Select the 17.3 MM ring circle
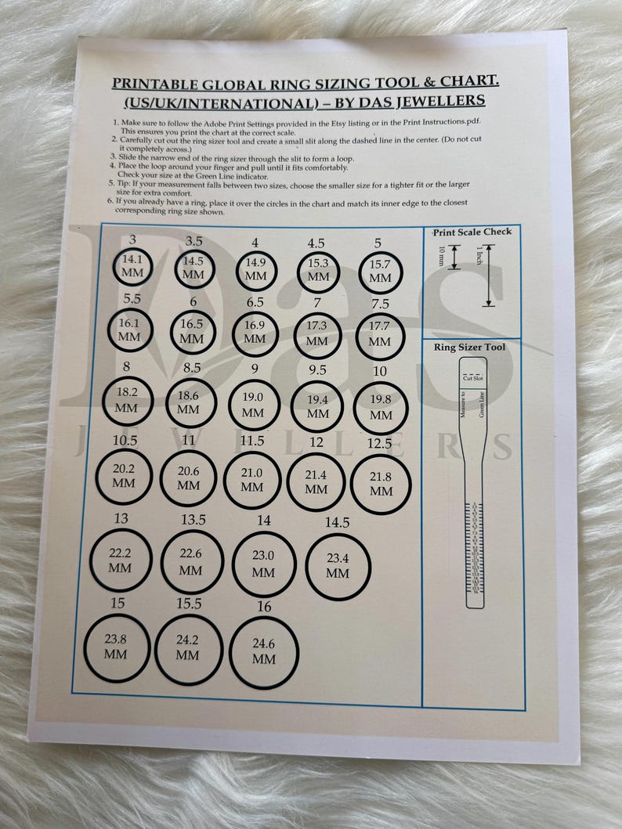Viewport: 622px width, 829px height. click(x=317, y=336)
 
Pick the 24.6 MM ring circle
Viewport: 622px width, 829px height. click(x=265, y=651)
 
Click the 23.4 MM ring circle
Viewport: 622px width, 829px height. click(x=338, y=566)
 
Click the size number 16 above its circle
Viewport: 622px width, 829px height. click(x=263, y=607)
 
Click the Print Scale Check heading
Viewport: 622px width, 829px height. click(x=472, y=232)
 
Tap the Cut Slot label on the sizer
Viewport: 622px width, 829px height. click(x=472, y=378)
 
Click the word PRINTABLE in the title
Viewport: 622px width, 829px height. click(x=151, y=82)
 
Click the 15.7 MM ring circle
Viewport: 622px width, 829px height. click(x=380, y=272)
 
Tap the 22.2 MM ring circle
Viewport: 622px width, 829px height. click(x=121, y=559)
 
